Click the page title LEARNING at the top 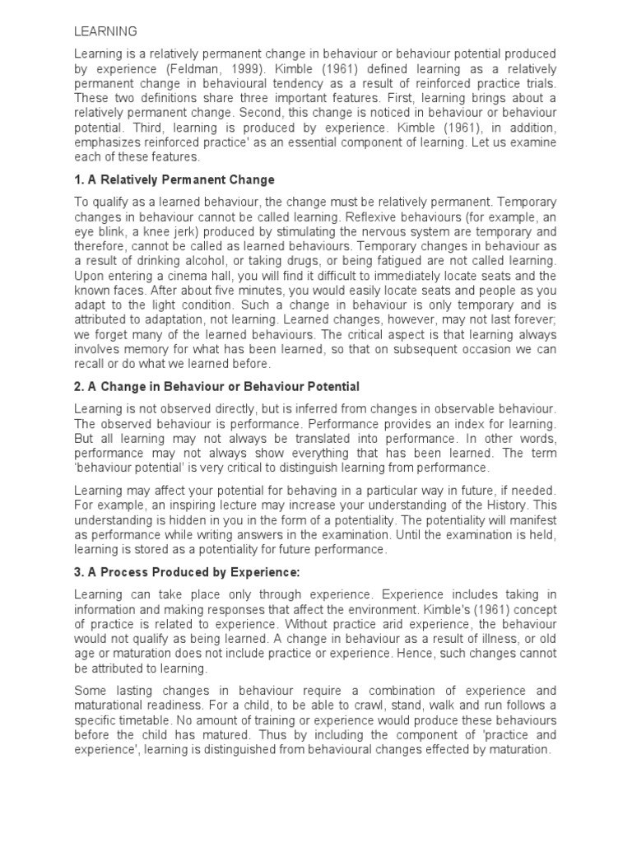tap(106, 32)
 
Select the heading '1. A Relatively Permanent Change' tap(174, 179)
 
